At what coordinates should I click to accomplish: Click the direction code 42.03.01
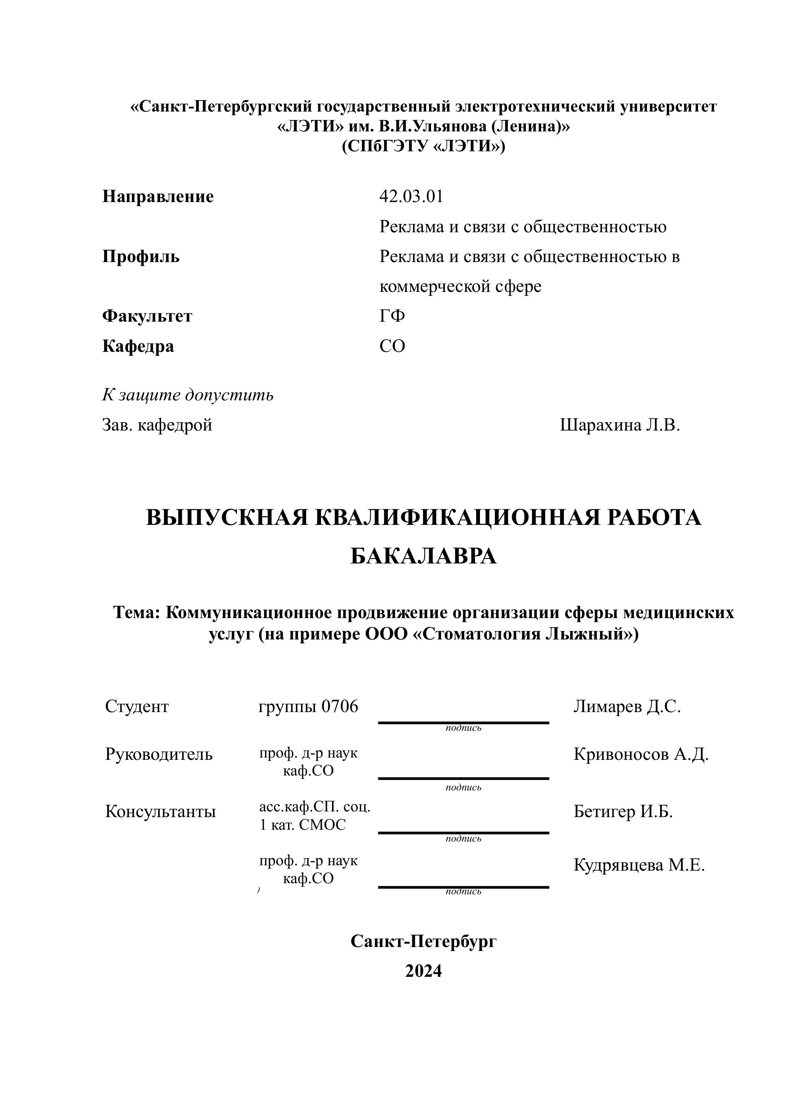411,196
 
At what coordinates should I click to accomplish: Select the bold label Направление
158,196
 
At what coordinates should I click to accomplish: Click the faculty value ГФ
392,316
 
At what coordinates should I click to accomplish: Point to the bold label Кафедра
138,346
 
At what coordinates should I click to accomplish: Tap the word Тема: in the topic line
137,612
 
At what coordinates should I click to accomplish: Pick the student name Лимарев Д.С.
627,706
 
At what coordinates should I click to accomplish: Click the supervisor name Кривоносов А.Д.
641,754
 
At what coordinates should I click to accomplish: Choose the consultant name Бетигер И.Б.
623,812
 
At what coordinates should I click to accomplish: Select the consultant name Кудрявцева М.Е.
639,865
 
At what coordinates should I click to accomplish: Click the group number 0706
340,706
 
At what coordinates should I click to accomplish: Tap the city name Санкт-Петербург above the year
423,941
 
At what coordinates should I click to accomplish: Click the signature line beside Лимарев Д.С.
463,723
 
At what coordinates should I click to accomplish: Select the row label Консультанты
160,812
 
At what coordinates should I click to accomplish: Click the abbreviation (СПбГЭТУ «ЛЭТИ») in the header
423,146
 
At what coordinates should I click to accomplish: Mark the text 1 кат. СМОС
303,825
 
